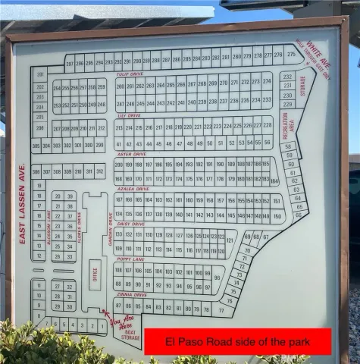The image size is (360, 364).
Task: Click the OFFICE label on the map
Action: pos(95,274)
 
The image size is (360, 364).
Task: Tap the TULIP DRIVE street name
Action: pos(130,74)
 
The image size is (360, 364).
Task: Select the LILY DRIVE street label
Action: pos(129,116)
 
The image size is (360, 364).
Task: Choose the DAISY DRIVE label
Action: pos(130,224)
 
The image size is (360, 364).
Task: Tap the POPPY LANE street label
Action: pos(130,259)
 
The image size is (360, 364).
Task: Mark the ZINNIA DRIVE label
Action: pos(131,294)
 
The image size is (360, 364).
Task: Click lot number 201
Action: pos(39,76)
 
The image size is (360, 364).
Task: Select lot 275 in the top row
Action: pos(278,55)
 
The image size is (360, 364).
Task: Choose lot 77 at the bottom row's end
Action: pos(222,310)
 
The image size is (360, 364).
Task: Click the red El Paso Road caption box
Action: pos(237,342)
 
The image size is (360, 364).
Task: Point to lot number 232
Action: pos(287,77)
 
